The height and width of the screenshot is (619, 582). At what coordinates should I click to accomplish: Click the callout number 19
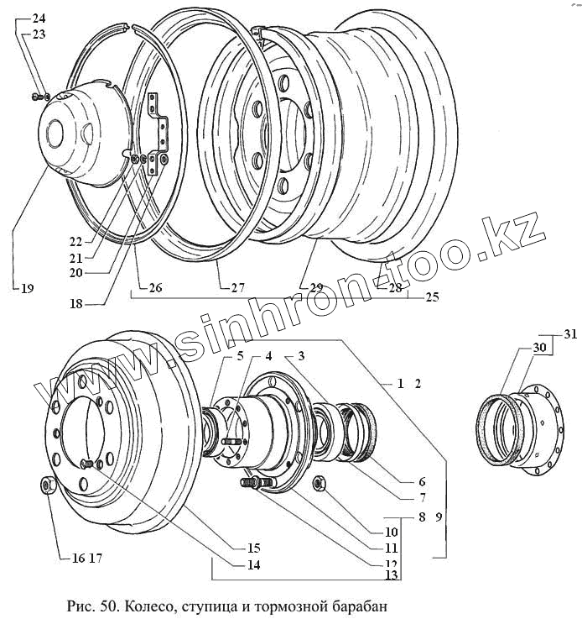[x=28, y=289]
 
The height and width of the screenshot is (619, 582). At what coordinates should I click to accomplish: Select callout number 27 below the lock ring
[x=237, y=287]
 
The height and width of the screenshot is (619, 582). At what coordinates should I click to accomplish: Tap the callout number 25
[x=431, y=296]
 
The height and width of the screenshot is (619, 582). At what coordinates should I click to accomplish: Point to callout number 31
[x=570, y=335]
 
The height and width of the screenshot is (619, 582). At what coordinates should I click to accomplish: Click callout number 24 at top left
[x=39, y=18]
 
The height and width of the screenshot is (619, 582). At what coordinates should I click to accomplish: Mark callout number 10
[x=392, y=532]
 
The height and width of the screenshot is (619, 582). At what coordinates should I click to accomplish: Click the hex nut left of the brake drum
[x=47, y=486]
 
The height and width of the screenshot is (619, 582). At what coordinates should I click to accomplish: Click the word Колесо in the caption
[x=149, y=605]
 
